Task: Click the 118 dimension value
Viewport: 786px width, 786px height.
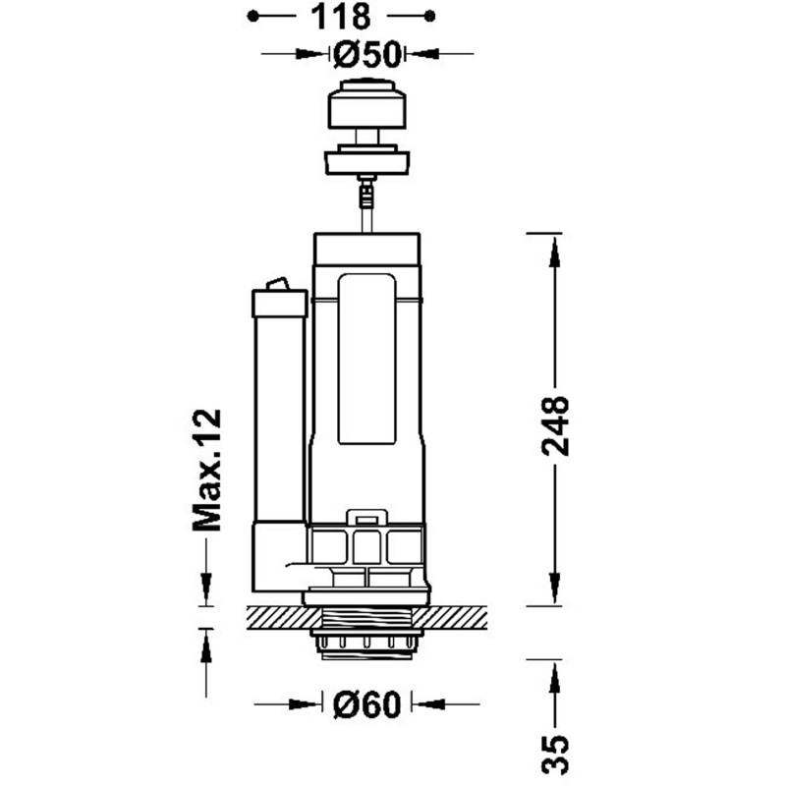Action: pyautogui.click(x=342, y=16)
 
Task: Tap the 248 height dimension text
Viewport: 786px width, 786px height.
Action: pyautogui.click(x=555, y=424)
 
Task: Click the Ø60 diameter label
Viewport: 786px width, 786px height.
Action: pyautogui.click(x=365, y=703)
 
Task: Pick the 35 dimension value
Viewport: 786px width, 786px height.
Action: pyautogui.click(x=555, y=757)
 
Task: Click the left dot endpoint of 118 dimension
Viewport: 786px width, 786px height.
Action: pyautogui.click(x=253, y=16)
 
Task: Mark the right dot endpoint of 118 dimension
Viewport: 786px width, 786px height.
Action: pyautogui.click(x=430, y=16)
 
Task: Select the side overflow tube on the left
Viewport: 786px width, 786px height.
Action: pyautogui.click(x=280, y=413)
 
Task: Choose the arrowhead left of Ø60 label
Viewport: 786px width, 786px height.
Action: pyautogui.click(x=312, y=703)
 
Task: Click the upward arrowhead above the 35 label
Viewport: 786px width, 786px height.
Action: pyautogui.click(x=555, y=676)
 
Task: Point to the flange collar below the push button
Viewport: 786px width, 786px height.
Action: pyautogui.click(x=366, y=159)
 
